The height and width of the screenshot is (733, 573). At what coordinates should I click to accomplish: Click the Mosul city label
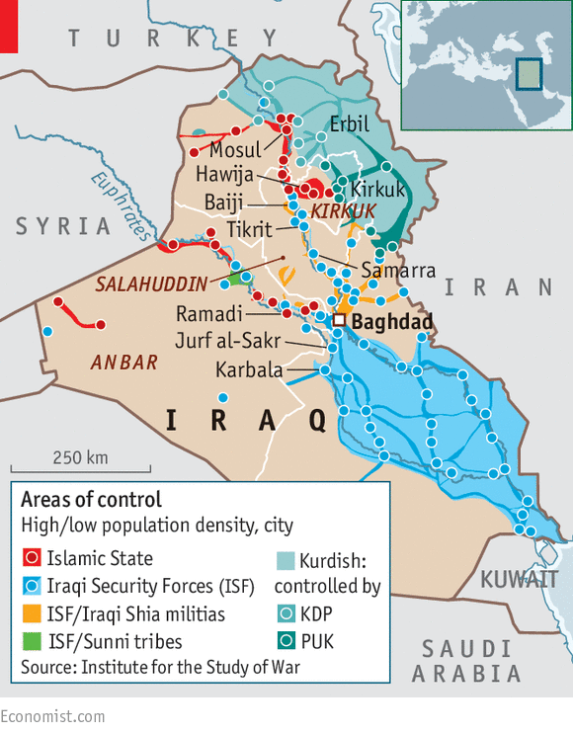[235, 151]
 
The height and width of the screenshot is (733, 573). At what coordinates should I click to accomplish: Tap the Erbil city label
[350, 125]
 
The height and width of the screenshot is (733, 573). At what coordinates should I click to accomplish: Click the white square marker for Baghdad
[338, 321]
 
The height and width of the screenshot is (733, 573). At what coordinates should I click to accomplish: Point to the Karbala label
[249, 370]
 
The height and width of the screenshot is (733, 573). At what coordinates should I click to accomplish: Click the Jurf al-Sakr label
[227, 342]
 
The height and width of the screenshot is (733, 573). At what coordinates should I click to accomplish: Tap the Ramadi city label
[208, 314]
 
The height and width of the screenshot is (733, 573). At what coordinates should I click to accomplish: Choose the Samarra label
[398, 270]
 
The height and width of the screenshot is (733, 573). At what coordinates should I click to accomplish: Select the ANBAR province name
[124, 363]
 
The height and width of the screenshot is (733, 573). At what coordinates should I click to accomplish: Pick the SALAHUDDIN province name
[151, 285]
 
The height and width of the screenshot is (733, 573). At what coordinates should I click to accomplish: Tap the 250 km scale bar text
[80, 457]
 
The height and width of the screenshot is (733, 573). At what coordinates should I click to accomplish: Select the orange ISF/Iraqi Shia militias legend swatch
[31, 614]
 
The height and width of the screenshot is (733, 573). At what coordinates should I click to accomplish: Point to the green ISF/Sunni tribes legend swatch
[31, 642]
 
